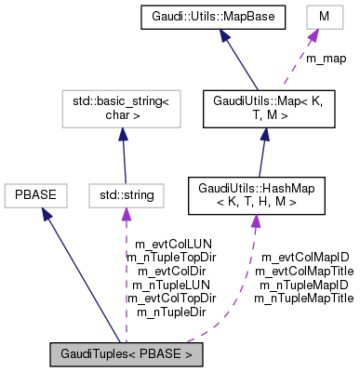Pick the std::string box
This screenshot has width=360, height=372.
pyautogui.click(x=127, y=195)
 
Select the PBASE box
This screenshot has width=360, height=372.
pyautogui.click(x=33, y=195)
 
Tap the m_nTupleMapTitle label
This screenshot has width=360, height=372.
pyautogui.click(x=305, y=298)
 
